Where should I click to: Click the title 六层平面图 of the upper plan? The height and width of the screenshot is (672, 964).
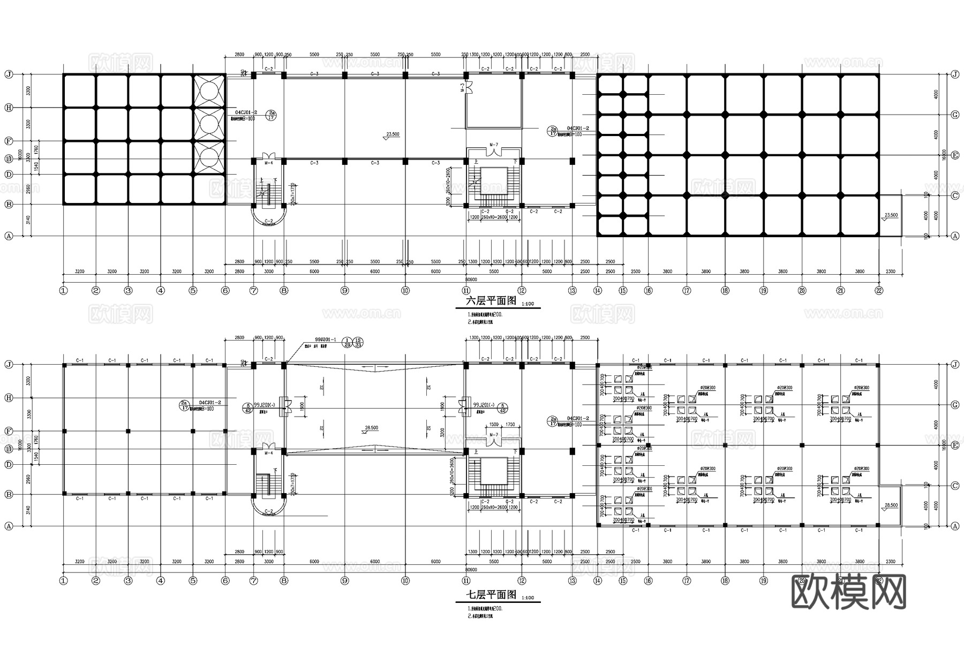[x=491, y=301]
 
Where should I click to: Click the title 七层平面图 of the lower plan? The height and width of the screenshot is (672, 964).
[x=491, y=595]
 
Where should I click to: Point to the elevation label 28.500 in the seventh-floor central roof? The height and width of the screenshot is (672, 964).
[x=371, y=428]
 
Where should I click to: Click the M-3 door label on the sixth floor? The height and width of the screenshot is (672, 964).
[x=461, y=87]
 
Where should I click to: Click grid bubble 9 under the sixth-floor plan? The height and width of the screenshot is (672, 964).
[x=344, y=291]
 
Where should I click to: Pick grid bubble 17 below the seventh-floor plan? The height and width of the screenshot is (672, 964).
[x=687, y=580]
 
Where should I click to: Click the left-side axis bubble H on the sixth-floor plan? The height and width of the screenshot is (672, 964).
[x=8, y=108]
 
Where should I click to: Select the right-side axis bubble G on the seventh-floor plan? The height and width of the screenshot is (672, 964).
[x=955, y=405]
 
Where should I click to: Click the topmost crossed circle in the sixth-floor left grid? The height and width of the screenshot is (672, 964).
[x=209, y=91]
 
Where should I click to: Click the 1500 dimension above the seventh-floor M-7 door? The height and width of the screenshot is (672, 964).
[x=493, y=424]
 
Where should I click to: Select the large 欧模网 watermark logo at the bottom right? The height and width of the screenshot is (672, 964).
[x=848, y=592]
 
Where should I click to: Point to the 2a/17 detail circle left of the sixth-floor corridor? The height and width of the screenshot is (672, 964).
[x=272, y=115]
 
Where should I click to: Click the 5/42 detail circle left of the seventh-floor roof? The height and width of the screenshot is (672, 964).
[x=248, y=408]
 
